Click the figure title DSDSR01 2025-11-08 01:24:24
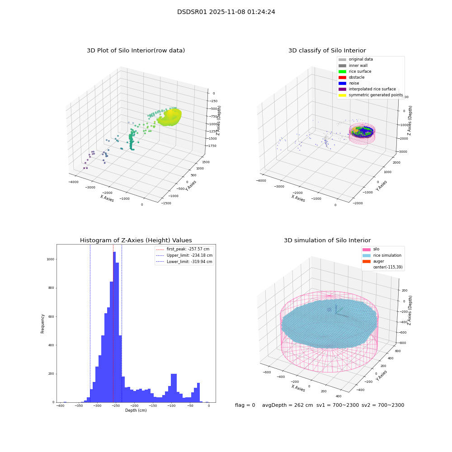click(226, 12)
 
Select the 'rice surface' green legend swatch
click(342, 71)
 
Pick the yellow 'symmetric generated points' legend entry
click(371, 95)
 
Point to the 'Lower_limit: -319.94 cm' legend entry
click(184, 262)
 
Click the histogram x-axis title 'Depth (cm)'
click(136, 410)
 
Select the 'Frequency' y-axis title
click(42, 324)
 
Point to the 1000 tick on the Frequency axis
click(50, 259)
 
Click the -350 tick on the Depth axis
click(78, 406)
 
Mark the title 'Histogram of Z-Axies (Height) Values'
click(136, 240)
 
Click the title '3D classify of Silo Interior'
click(327, 51)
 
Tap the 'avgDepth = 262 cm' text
click(287, 405)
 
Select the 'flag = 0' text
click(245, 405)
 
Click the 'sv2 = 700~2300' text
click(383, 405)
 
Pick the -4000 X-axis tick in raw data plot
click(74, 182)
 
